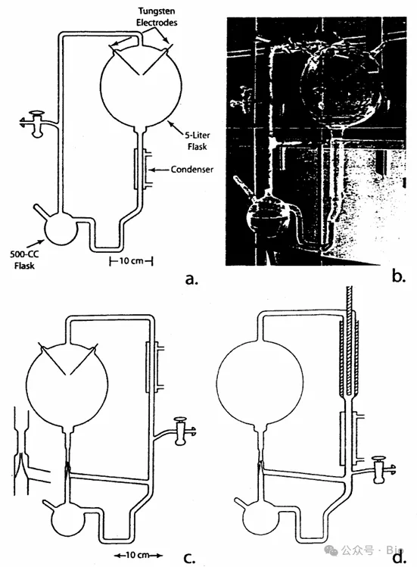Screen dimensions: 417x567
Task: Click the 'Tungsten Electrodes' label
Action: (x=157, y=17)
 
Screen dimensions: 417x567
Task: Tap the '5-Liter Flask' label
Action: (x=198, y=140)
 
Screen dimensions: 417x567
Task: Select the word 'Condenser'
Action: (x=192, y=170)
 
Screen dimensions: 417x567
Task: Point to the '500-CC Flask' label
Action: (x=24, y=260)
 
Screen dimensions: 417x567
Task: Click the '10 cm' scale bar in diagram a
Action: (x=131, y=260)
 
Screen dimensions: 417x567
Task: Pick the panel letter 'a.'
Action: (x=191, y=279)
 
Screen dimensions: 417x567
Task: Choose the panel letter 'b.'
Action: (x=398, y=276)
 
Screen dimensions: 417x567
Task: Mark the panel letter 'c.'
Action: (x=189, y=558)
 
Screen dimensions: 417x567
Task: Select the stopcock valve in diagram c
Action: (x=180, y=431)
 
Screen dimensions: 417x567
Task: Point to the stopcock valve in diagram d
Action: (x=379, y=469)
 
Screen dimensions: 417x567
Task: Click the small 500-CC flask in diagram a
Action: (x=61, y=228)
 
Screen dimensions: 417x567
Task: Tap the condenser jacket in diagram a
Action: (x=142, y=169)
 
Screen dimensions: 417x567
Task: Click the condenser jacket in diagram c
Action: (x=155, y=367)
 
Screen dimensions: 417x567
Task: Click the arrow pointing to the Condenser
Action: (x=158, y=170)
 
